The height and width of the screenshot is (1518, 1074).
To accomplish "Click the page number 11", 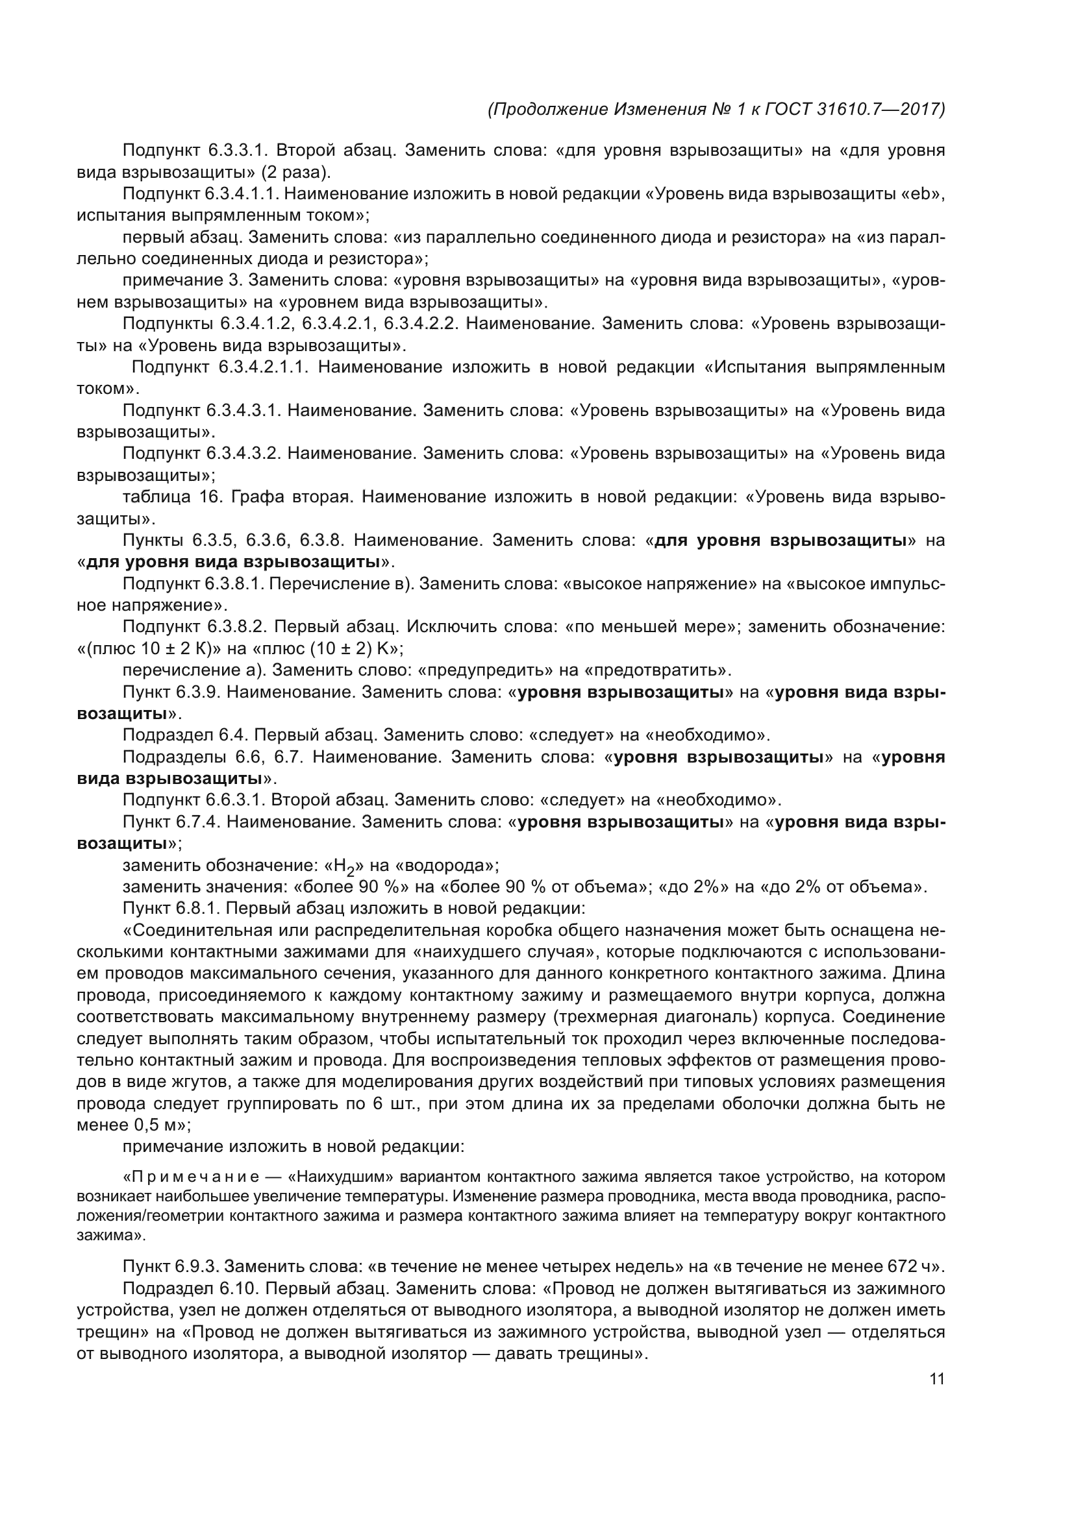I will [936, 1379].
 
